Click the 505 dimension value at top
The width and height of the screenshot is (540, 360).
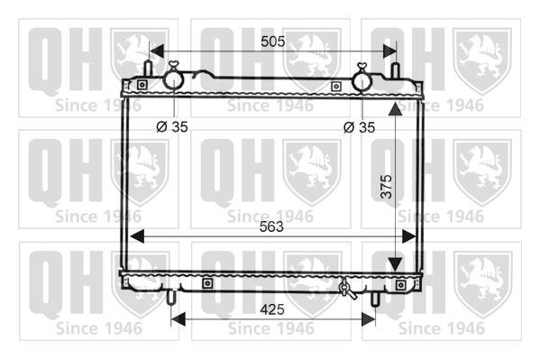(273, 42)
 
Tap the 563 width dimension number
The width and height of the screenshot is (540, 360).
(271, 226)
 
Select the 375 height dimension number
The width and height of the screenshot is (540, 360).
(387, 187)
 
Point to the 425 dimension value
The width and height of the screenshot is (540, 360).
(272, 309)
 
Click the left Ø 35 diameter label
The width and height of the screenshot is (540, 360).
(172, 127)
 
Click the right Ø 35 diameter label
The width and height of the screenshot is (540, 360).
(359, 127)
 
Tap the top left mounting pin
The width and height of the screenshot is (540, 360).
(148, 69)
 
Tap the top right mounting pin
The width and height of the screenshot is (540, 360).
(396, 70)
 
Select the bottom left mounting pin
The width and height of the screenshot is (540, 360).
(171, 298)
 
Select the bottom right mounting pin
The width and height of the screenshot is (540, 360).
(375, 299)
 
